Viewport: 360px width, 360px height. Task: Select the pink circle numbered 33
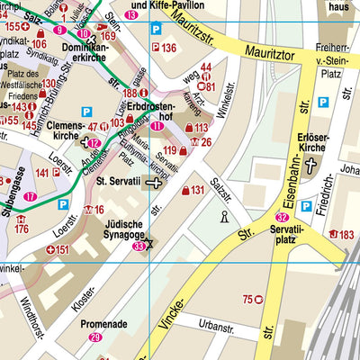138,246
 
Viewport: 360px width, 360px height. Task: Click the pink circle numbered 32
283,217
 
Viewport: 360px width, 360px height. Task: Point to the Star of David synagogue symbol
150,243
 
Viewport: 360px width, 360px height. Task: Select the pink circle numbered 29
95,337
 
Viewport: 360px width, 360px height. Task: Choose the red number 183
344,235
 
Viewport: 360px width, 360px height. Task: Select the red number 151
59,249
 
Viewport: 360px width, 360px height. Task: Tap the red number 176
22,229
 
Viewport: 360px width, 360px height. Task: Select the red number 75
248,299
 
